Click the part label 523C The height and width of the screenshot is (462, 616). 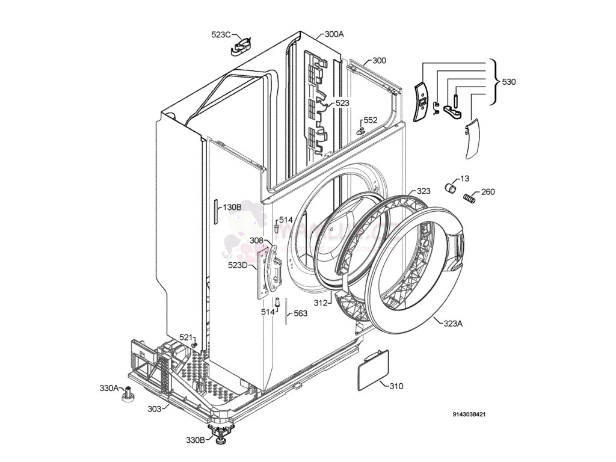221,35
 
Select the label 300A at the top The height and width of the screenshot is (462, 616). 334,34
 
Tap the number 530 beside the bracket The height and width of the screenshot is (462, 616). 509,82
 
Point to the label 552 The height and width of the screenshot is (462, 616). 370,120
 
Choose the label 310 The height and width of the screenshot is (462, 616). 396,386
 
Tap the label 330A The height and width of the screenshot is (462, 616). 109,388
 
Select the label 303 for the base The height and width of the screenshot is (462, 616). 154,409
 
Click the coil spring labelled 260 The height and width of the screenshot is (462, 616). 470,196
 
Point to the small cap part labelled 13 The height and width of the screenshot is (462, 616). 449,188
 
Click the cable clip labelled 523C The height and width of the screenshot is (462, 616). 242,46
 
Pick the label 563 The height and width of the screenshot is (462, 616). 300,313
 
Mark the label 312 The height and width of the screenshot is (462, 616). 321,303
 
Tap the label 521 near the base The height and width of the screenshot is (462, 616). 186,337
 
